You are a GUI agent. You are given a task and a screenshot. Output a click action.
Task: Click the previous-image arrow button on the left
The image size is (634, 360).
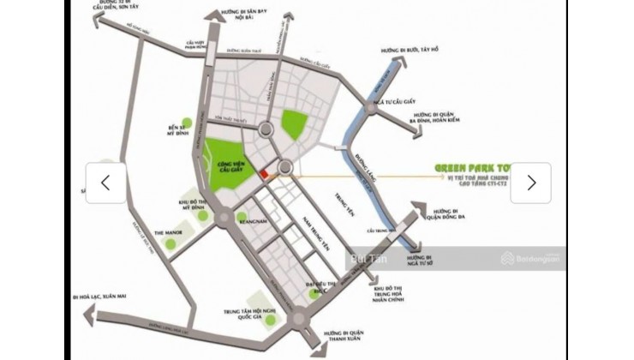point(105,183)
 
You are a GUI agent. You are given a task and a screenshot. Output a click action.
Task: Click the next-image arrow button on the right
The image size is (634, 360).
point(531,183)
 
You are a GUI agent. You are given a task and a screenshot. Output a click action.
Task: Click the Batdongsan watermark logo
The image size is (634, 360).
point(532,258)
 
